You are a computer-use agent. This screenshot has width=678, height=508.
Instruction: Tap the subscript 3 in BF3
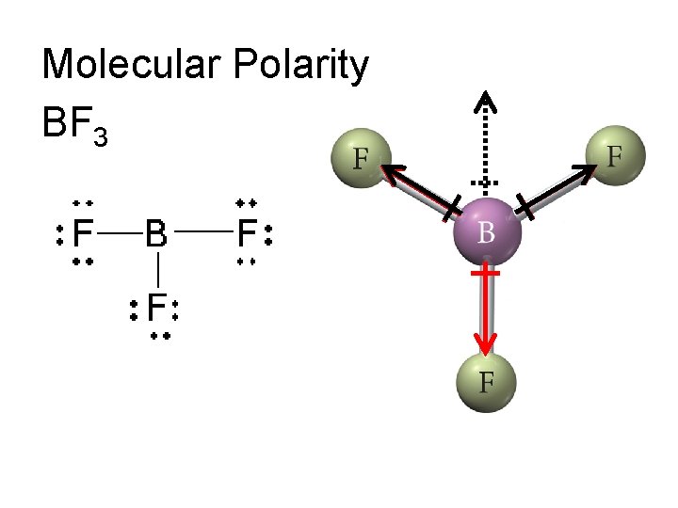101,137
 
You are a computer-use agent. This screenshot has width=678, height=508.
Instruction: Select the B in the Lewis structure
156,231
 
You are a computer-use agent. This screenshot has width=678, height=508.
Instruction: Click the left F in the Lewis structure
83,231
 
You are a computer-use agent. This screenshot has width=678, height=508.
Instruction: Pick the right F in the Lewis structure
248,231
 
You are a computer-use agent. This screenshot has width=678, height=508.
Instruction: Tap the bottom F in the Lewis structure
157,308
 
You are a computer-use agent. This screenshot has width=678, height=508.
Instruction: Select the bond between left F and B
120,230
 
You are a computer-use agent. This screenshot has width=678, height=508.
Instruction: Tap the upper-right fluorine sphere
615,152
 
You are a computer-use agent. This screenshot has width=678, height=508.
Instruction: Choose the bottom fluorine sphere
486,381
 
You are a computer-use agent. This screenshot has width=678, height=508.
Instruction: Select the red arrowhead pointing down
486,344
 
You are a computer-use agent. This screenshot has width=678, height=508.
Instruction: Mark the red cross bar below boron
486,273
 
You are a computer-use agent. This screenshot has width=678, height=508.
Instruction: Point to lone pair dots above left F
83,202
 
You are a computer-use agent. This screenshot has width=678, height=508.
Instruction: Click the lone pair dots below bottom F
158,335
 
